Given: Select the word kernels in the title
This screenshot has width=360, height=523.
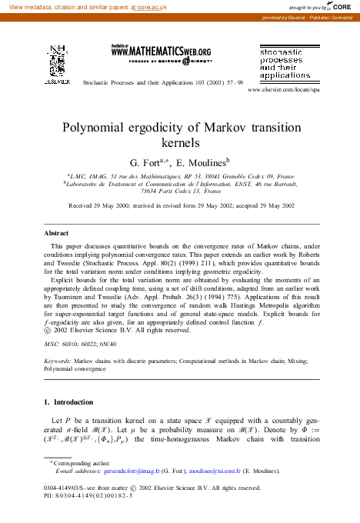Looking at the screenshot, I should (179, 143).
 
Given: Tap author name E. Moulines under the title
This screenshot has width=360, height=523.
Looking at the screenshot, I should (203, 164).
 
